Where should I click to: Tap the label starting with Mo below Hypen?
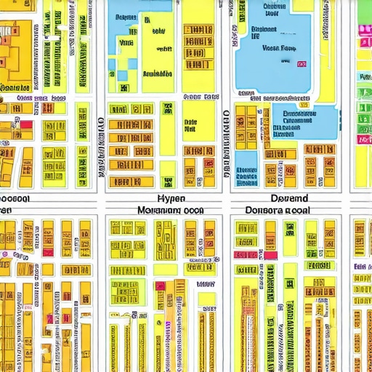pos(170,209)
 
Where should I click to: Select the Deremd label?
pos(289,198)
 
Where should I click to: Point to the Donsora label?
pos(278,209)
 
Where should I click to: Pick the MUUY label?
pos(206,285)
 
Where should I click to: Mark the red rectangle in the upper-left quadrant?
pos(25,125)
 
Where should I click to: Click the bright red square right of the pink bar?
pos(270,255)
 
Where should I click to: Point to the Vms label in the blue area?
pos(124,44)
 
